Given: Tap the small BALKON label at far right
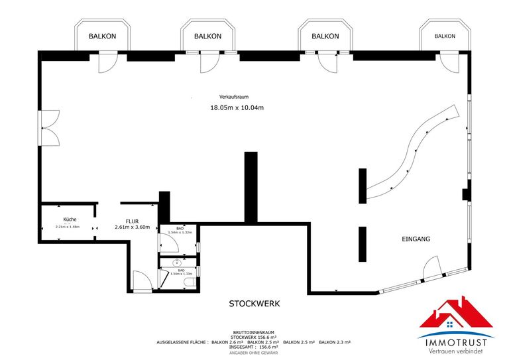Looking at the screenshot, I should click(445, 36).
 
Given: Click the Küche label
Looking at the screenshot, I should click(70, 219).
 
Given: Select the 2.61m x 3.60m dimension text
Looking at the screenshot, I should click(137, 227).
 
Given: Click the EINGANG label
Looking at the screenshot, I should click(416, 239).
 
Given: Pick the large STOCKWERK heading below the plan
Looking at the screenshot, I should click(254, 304).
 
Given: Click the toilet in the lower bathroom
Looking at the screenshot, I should click(190, 283).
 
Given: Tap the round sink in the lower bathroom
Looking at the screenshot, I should click(168, 263).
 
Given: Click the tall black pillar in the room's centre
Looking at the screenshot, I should click(251, 186).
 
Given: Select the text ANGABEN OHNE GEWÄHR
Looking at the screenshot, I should click(254, 351).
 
